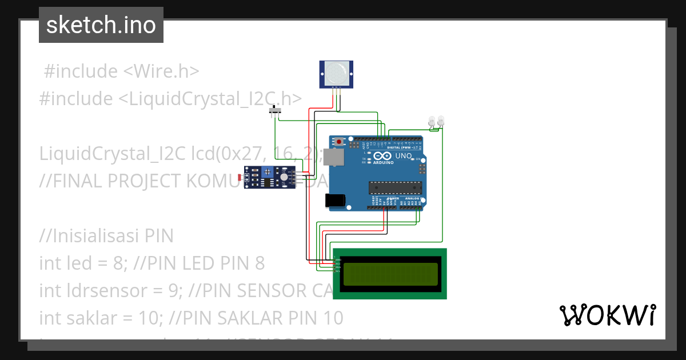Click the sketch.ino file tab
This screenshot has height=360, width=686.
pyautogui.click(x=101, y=25)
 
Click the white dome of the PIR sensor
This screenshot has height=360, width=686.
pyautogui.click(x=336, y=73)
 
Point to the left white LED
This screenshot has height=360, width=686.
pyautogui.click(x=432, y=121)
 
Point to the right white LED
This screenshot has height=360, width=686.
pyautogui.click(x=441, y=121)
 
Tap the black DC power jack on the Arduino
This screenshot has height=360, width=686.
pyautogui.click(x=334, y=200)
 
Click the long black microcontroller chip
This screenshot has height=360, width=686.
pyautogui.click(x=395, y=187)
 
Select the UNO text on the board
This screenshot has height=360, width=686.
pyautogui.click(x=404, y=155)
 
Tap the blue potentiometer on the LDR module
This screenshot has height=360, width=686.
pyautogui.click(x=284, y=178)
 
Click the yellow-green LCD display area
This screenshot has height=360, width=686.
pyautogui.click(x=390, y=274)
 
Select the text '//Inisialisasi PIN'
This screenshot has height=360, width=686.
pyautogui.click(x=106, y=236)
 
